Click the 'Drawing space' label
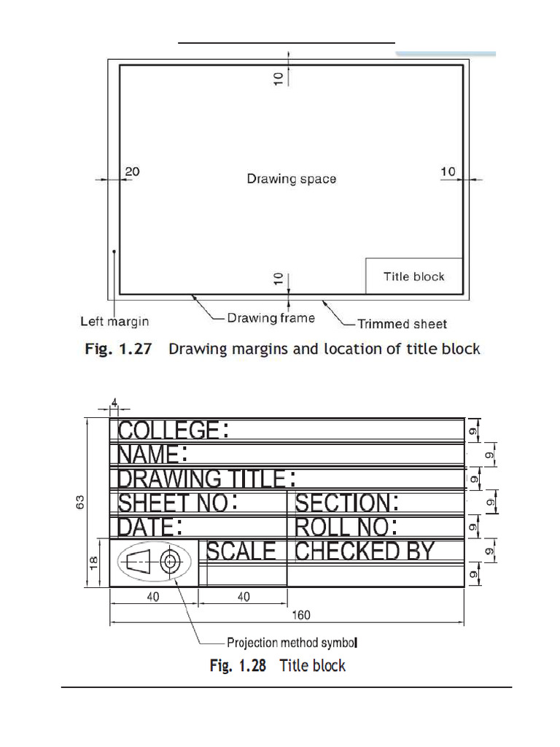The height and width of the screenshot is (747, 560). (x=291, y=179)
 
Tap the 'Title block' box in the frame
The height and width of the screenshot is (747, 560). (x=413, y=276)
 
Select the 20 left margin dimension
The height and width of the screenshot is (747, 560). (x=132, y=171)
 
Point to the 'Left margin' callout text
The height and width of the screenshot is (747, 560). (x=114, y=321)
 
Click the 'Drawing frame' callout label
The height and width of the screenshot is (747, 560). (x=271, y=318)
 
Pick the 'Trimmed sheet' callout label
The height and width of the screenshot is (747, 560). (x=402, y=324)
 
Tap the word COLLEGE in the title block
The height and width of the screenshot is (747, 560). (x=168, y=430)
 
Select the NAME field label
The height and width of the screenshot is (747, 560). (x=149, y=454)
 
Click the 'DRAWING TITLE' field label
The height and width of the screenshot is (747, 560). (x=201, y=479)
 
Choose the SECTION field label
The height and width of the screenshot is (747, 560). (x=342, y=503)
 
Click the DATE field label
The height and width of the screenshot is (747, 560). (x=145, y=527)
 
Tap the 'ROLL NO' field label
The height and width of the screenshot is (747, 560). (x=340, y=527)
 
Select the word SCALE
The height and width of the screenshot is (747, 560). (x=241, y=551)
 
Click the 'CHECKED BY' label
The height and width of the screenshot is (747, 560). (x=365, y=551)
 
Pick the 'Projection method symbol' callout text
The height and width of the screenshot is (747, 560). (x=292, y=643)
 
